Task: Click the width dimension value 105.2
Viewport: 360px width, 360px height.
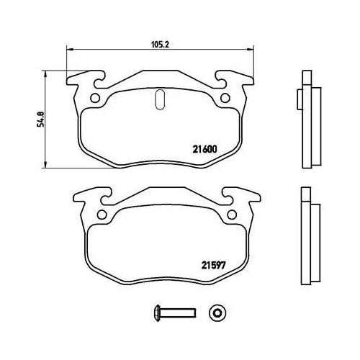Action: click(159, 42)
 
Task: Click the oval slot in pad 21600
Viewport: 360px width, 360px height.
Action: click(160, 99)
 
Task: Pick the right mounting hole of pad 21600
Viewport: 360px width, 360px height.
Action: click(225, 98)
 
